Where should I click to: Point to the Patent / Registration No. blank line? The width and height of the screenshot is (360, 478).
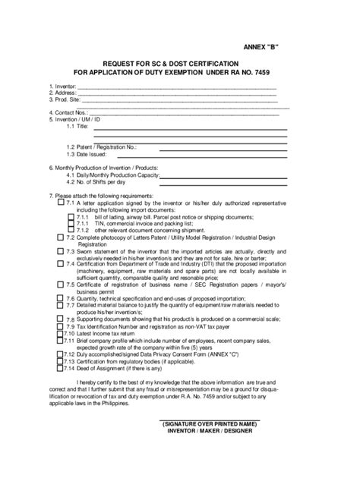tap(212, 147)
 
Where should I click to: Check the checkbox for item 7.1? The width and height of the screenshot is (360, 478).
tap(60, 204)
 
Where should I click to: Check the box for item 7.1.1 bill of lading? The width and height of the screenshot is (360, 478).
tap(70, 218)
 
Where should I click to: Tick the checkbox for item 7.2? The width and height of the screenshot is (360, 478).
tap(60, 237)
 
